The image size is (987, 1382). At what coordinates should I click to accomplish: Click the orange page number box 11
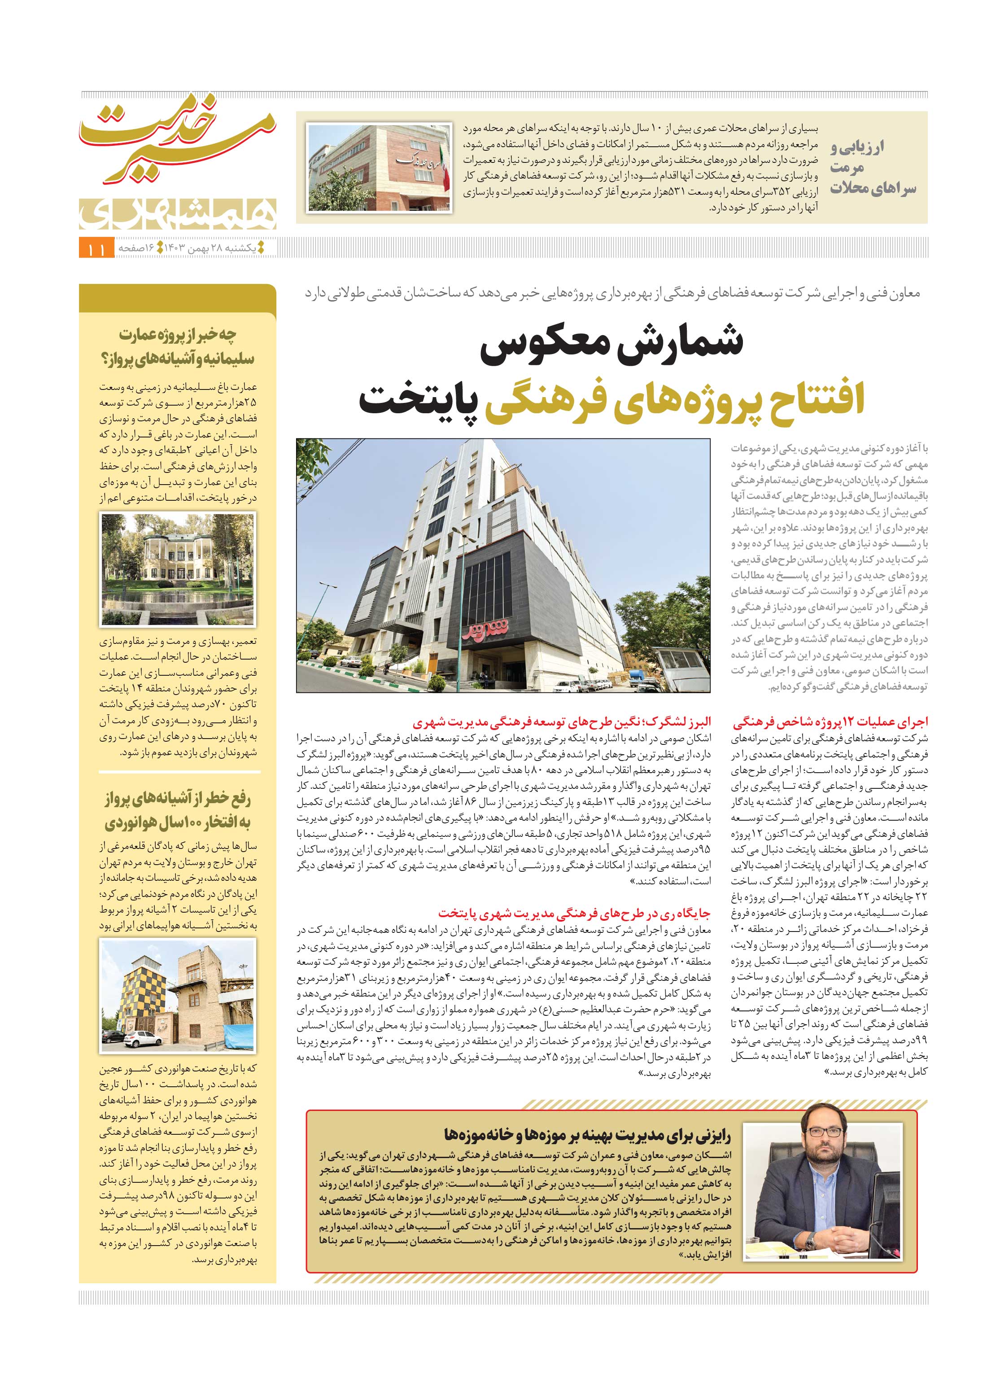click(96, 249)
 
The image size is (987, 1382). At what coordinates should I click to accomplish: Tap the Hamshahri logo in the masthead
click(178, 213)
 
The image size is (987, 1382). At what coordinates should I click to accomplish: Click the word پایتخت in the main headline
click(418, 401)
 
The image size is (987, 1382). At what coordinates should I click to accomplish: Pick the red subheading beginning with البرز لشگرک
click(562, 722)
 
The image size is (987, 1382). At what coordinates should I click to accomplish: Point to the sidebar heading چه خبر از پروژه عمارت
click(178, 346)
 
